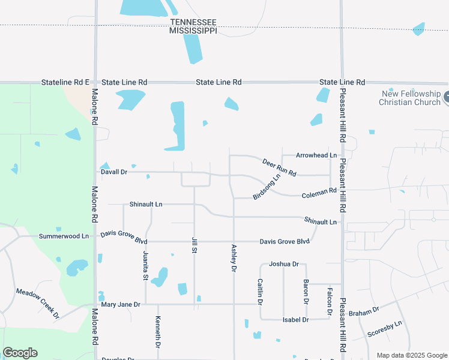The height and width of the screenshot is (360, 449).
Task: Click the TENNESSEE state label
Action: pyautogui.click(x=193, y=22)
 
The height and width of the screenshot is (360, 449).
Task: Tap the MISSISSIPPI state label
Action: pyautogui.click(x=193, y=31)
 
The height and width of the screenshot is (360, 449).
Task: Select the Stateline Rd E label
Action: pyautogui.click(x=65, y=82)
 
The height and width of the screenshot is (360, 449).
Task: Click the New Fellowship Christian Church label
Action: pyautogui.click(x=410, y=98)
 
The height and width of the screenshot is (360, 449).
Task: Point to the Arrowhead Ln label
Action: pyautogui.click(x=316, y=155)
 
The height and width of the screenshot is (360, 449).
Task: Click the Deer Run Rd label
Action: pyautogui.click(x=279, y=167)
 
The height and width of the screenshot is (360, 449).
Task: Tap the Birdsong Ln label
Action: pyautogui.click(x=267, y=187)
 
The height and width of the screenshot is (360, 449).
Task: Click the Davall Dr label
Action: pyautogui.click(x=114, y=172)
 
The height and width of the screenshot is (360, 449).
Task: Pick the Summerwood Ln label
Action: pyautogui.click(x=64, y=236)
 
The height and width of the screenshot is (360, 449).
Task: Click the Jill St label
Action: pyautogui.click(x=194, y=245)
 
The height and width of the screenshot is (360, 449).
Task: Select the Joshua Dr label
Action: pyautogui.click(x=284, y=264)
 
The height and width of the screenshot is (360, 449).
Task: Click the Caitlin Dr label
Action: pyautogui.click(x=261, y=290)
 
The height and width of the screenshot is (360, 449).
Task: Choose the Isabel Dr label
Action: pyautogui.click(x=295, y=320)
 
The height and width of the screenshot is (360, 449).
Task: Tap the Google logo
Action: pyautogui.click(x=20, y=353)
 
